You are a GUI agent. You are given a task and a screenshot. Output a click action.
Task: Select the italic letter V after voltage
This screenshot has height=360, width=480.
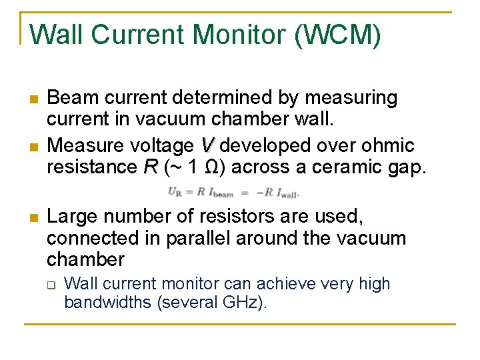pos(207,145)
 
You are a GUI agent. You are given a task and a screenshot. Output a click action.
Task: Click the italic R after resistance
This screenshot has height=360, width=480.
pos(150,167)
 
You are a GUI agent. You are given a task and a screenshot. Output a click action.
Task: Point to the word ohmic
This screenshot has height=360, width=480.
pos(391,145)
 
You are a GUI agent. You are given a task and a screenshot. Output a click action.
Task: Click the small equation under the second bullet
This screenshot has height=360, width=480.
pos(233,193)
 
